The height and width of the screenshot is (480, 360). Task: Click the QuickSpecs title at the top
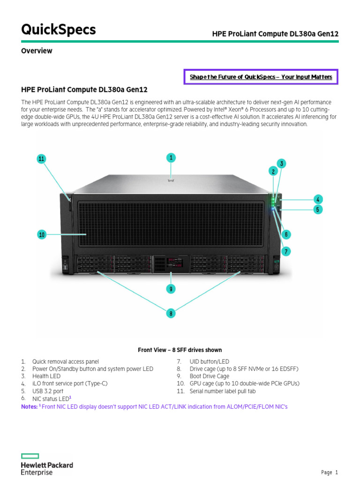[59, 30]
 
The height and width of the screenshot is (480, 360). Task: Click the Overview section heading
[37, 51]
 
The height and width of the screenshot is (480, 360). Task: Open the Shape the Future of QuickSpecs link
[261, 77]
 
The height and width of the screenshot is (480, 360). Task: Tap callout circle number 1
[172, 158]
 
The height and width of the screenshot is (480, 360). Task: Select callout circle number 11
[42, 159]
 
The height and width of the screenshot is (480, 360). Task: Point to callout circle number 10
[42, 234]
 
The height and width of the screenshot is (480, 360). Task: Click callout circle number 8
[172, 313]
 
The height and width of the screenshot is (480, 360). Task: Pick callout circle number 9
[172, 289]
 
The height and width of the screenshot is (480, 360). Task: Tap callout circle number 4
[318, 199]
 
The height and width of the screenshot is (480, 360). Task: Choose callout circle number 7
[286, 252]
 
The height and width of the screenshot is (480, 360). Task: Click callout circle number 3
[281, 164]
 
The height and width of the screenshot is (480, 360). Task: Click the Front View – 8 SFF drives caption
[180, 350]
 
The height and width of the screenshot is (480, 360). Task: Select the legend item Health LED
[46, 376]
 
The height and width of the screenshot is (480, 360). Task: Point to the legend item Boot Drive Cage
[209, 376]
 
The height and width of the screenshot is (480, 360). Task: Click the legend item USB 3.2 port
[47, 391]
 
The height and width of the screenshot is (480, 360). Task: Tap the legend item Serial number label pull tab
[223, 391]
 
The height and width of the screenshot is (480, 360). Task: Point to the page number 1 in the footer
[336, 472]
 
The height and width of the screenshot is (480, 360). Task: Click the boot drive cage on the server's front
[171, 263]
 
